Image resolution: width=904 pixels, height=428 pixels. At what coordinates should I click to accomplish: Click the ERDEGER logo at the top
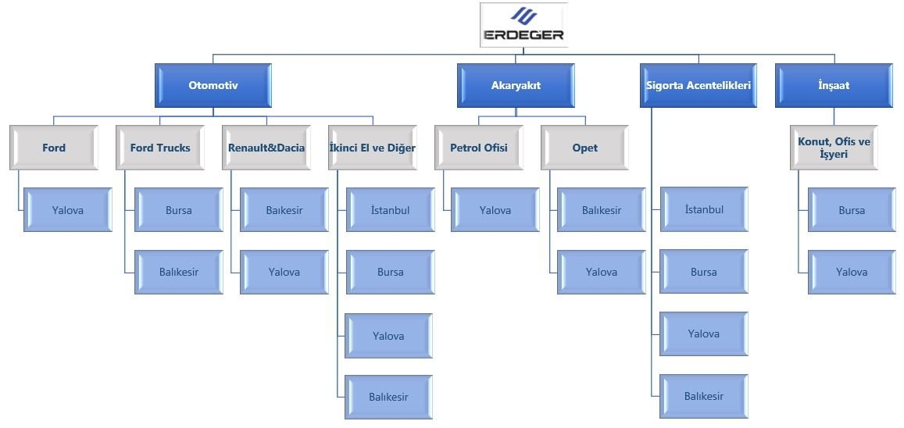[x=523, y=25]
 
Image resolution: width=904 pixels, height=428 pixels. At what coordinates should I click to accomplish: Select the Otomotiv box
[x=213, y=85]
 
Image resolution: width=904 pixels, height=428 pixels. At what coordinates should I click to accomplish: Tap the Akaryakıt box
[x=516, y=85]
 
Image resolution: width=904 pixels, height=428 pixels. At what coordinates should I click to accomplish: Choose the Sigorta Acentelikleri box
[x=699, y=85]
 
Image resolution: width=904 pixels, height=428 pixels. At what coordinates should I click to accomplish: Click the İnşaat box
[x=834, y=85]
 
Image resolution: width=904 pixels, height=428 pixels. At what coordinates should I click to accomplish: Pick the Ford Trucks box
[x=160, y=148]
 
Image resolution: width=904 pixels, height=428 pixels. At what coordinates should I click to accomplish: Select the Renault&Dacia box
[x=266, y=148]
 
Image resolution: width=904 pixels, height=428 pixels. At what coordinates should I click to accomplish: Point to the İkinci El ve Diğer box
[x=373, y=148]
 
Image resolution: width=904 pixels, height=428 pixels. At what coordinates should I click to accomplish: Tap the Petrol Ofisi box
[x=478, y=148]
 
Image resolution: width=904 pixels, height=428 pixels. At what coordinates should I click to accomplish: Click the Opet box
[x=584, y=148]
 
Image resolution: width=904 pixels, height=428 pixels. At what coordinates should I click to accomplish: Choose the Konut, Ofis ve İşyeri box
[x=834, y=148]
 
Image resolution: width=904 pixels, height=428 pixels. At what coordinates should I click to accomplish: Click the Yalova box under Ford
[x=67, y=209]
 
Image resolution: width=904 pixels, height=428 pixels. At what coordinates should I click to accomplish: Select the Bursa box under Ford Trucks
[x=179, y=209]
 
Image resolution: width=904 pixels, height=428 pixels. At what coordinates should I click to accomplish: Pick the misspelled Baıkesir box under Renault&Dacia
[x=284, y=209]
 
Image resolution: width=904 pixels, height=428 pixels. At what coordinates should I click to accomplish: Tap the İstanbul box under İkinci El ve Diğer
[x=391, y=209]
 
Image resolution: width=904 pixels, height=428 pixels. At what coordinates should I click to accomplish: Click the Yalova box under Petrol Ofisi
[x=495, y=209]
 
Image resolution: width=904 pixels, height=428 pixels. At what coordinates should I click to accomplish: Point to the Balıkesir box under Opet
[x=602, y=209]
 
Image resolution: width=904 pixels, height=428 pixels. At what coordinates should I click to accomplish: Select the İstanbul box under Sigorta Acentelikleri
[x=704, y=209]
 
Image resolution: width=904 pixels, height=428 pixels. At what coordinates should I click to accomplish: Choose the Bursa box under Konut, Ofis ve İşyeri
[x=852, y=209]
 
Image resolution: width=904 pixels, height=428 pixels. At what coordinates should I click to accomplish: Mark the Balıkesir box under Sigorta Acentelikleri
[x=704, y=396]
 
